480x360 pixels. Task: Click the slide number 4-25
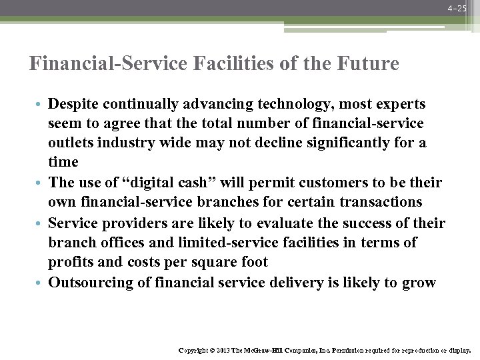(458, 8)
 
